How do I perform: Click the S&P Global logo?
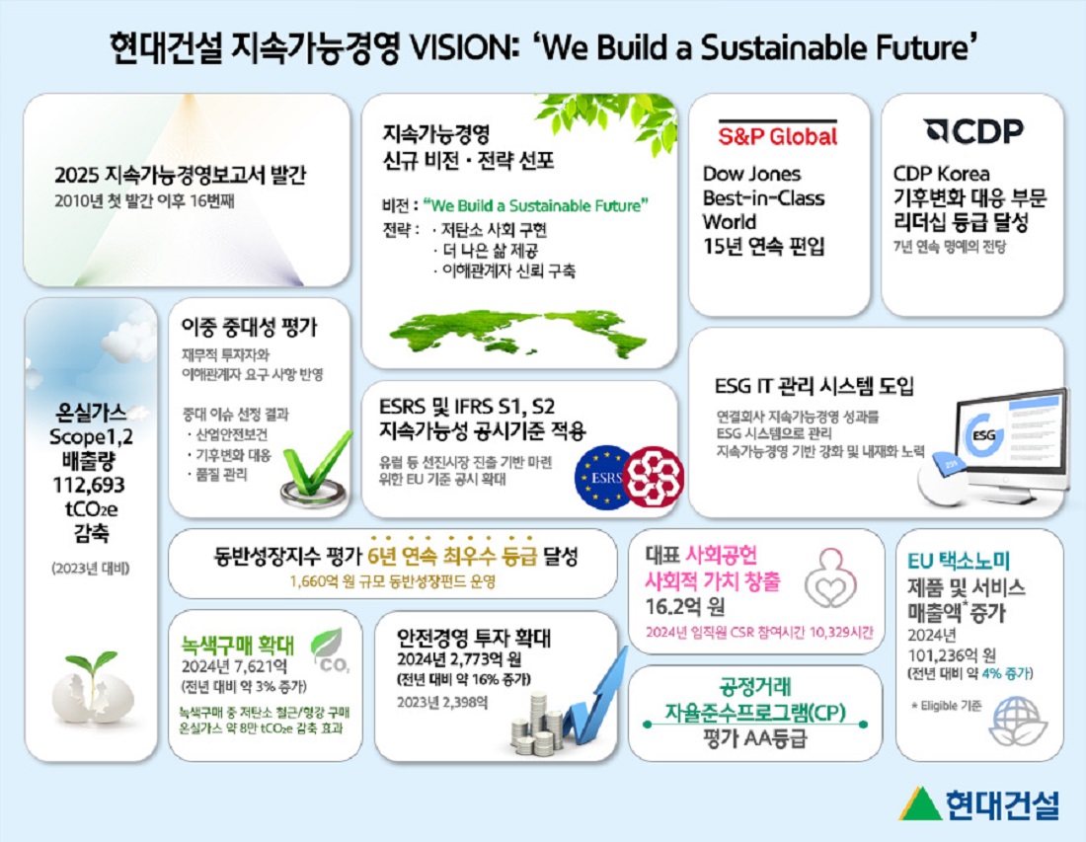coord(778,135)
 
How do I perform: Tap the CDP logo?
coord(973,131)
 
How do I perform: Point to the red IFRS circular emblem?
coord(655,473)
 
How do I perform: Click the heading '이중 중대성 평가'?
coord(250,328)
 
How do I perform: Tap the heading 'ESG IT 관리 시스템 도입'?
coord(814,384)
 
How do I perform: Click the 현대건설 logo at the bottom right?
coord(978,802)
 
